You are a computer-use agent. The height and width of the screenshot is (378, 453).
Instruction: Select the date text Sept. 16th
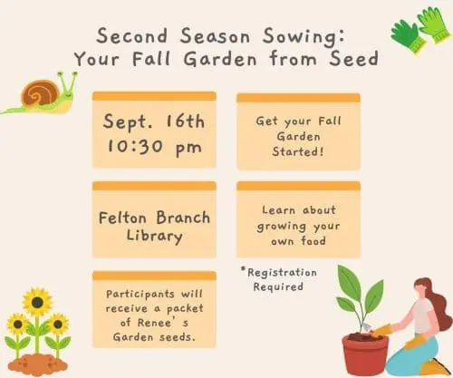pos(153,121)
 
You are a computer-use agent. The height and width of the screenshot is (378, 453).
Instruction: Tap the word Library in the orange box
pos(153,237)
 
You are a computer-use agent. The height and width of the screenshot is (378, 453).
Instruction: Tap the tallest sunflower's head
pos(37,300)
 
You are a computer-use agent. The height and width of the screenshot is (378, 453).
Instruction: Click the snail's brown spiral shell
pos(42,92)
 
